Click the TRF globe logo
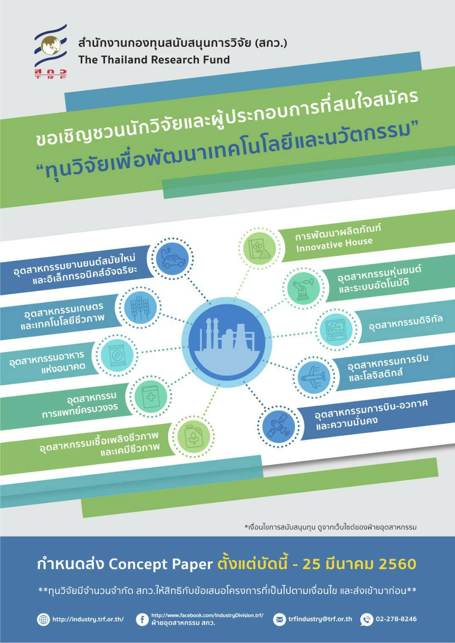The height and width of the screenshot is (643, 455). [x=51, y=52]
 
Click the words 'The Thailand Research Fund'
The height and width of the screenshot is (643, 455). [x=154, y=60]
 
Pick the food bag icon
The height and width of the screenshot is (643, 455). [x=117, y=356]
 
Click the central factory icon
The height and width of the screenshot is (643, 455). [x=227, y=342]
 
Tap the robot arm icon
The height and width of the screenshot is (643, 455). [x=303, y=288]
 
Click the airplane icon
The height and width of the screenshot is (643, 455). [x=314, y=377]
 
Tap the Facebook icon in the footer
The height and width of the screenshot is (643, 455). [x=142, y=620]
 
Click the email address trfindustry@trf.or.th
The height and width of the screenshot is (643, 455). [x=320, y=619]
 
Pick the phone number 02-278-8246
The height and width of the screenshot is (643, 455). [x=396, y=619]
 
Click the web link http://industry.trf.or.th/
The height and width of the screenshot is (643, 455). [x=88, y=619]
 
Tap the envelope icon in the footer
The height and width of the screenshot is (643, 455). [x=279, y=620]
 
